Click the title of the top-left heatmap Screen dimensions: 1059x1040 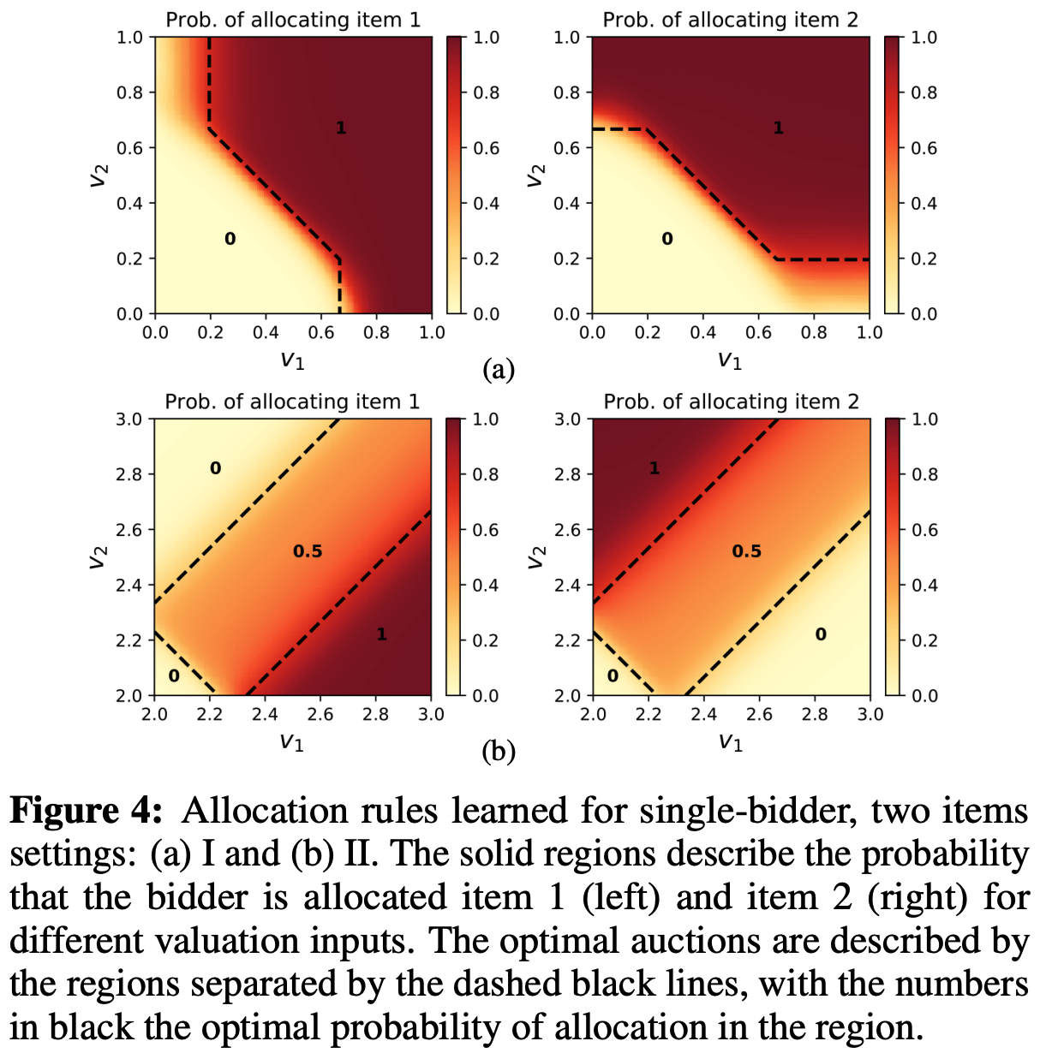click(293, 20)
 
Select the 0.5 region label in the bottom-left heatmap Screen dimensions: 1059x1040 click(308, 551)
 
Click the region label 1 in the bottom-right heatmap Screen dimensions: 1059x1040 click(654, 468)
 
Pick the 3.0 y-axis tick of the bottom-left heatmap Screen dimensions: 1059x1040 click(133, 419)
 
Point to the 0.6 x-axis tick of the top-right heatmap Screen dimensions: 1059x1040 click(759, 332)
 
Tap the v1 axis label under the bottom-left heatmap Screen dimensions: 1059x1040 click(292, 742)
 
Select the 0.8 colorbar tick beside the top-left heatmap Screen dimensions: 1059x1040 click(487, 92)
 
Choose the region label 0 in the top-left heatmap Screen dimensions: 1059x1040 click(230, 239)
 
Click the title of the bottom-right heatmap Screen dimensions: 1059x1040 click(731, 402)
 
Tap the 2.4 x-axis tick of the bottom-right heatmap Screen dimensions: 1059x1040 click(703, 714)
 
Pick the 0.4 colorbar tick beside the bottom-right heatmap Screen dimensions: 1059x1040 click(924, 586)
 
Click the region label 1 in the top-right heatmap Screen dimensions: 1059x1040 click(778, 128)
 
